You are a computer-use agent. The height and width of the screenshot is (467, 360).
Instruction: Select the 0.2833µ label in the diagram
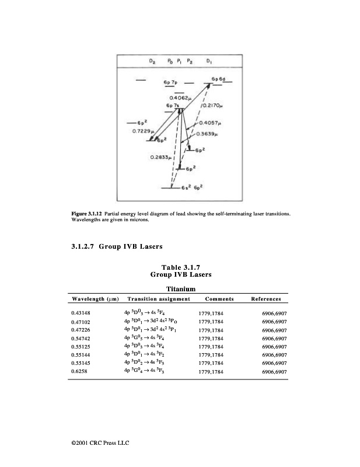point(160,157)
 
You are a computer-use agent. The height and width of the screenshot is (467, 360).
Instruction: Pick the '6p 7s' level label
point(173,105)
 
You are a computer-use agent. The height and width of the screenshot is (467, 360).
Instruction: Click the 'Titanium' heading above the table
point(180,289)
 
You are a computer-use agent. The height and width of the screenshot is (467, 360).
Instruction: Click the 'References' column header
point(265,299)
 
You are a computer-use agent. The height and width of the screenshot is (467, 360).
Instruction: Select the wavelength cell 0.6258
point(78,371)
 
